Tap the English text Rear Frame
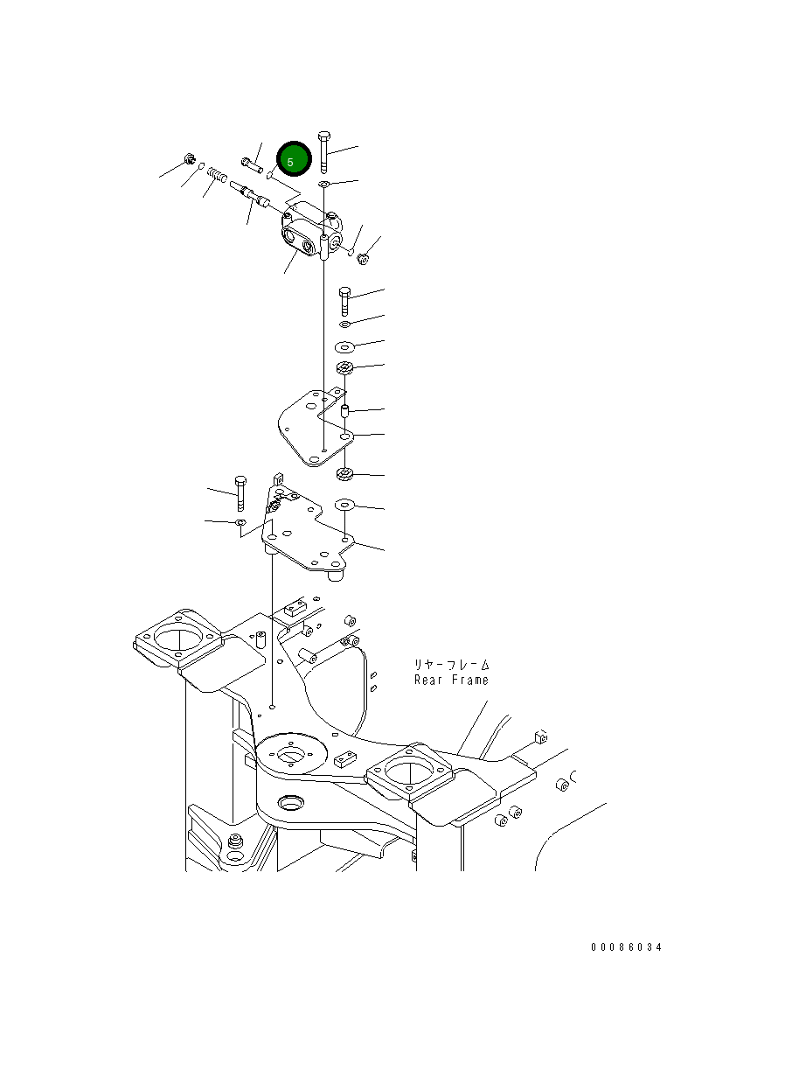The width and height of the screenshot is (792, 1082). pos(451,680)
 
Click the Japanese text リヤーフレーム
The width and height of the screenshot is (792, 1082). pos(451,665)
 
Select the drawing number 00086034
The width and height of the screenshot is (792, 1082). pos(625,947)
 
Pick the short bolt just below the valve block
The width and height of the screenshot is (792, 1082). pos(344,301)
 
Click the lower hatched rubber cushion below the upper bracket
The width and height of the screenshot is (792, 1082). pos(344,475)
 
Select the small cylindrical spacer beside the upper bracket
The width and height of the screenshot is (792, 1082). pos(344,410)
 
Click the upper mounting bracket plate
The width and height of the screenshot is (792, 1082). pos(310,429)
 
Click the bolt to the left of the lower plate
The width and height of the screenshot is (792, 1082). pos(240,494)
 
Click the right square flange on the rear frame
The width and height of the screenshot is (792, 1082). pos(409,773)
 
